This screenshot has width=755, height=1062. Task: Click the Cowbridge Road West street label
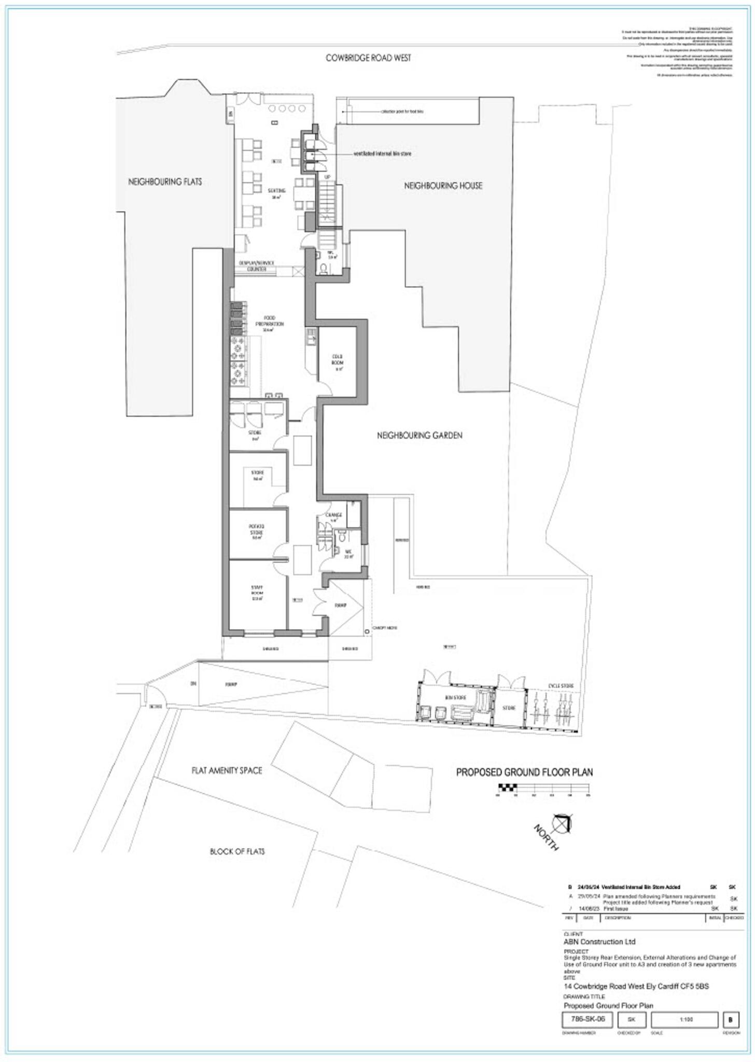(x=368, y=58)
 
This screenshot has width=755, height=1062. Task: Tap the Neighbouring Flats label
(x=165, y=182)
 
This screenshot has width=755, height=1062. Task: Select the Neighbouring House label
(x=443, y=186)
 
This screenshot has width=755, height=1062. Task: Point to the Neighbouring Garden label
(x=419, y=436)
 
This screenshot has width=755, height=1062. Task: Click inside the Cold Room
(x=338, y=362)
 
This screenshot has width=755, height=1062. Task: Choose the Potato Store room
(x=257, y=533)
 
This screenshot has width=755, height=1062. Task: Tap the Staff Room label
(x=257, y=593)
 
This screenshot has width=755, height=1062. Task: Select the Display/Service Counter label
(x=257, y=266)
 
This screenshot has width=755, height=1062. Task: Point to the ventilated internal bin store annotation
(x=382, y=154)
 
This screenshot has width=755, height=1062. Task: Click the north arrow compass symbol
(x=561, y=823)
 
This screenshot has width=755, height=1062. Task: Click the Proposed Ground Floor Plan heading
(x=524, y=772)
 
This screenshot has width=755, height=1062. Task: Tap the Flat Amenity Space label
(x=227, y=771)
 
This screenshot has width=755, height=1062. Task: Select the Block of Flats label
(x=237, y=851)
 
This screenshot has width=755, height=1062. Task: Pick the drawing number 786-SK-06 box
(x=588, y=1019)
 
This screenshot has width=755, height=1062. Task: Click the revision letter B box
(x=730, y=1020)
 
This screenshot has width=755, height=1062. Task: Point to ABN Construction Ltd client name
(x=599, y=942)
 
